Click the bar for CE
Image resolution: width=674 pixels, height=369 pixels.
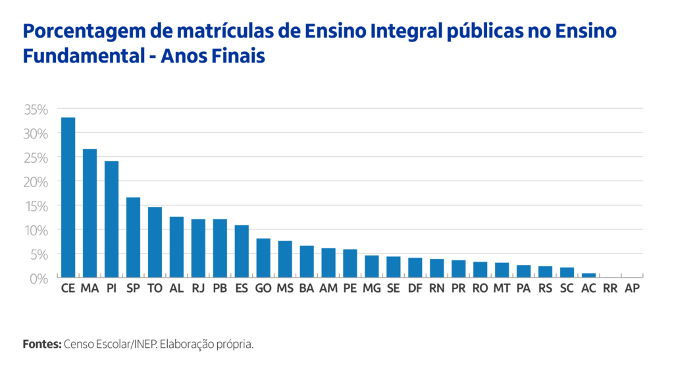click(x=68, y=198)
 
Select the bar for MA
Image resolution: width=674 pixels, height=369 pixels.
click(x=90, y=213)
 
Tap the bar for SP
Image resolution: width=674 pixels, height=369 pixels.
click(x=133, y=237)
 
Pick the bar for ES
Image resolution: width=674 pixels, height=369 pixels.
click(x=242, y=251)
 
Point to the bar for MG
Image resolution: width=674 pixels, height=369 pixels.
click(x=372, y=266)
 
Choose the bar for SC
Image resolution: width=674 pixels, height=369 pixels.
click(x=567, y=272)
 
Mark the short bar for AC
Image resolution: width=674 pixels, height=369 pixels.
click(x=588, y=275)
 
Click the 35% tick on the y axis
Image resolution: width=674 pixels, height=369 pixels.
click(x=36, y=109)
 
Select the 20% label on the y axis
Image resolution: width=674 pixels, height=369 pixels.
click(x=36, y=181)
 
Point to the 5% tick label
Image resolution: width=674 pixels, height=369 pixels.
click(x=39, y=254)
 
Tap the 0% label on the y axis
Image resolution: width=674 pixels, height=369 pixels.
click(x=39, y=278)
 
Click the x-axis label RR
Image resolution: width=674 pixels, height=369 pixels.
click(x=610, y=289)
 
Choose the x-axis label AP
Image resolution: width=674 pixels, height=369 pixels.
click(x=632, y=289)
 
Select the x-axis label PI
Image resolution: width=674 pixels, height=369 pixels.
click(x=111, y=289)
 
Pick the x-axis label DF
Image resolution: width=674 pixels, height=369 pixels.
click(x=415, y=289)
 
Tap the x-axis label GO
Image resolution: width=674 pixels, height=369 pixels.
click(x=263, y=289)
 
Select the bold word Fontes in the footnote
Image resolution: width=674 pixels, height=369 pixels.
click(x=41, y=345)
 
